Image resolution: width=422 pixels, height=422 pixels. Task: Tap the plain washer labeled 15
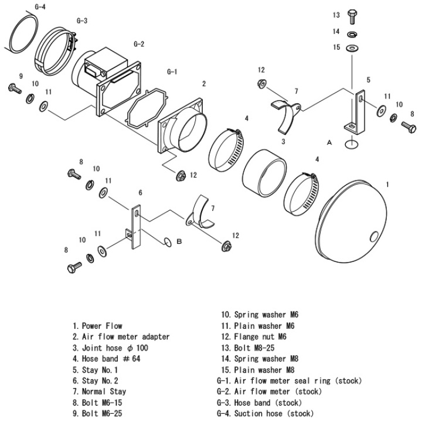coord(352,47)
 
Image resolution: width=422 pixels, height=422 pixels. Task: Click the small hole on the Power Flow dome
coord(373,237)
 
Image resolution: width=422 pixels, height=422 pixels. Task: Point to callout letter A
coord(329,142)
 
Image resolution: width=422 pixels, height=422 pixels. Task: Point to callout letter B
coord(181,241)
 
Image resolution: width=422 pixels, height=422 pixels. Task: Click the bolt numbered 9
coord(12,88)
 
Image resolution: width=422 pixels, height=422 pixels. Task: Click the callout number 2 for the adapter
coord(203,84)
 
